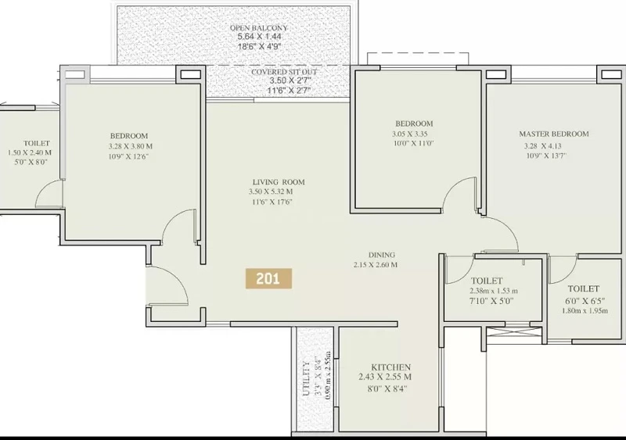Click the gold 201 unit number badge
268,278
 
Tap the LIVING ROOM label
276,182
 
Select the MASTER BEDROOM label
554,134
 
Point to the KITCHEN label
390,367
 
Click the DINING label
382,255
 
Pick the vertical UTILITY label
306,378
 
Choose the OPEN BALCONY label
259,28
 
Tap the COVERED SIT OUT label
284,72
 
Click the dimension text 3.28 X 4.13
542,146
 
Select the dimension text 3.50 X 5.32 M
271,192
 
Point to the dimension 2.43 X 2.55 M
385,377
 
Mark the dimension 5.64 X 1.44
260,37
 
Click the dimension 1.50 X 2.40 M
30,152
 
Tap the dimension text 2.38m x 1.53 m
494,291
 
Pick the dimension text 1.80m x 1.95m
585,310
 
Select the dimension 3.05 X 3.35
409,134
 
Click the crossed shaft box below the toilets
515,335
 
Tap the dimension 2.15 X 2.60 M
376,264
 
